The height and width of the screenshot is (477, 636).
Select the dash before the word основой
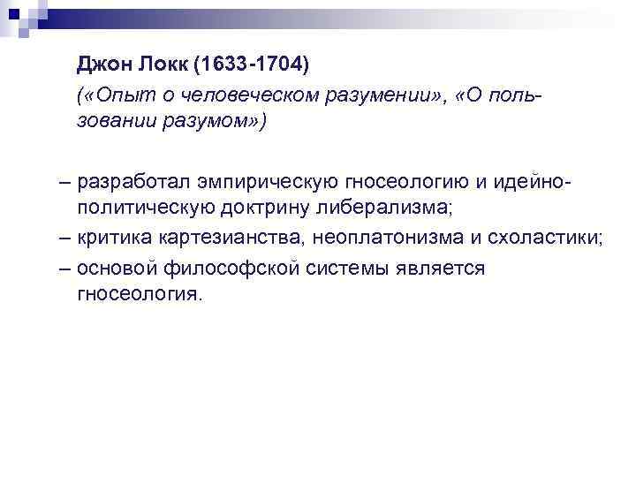coord(67,268)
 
